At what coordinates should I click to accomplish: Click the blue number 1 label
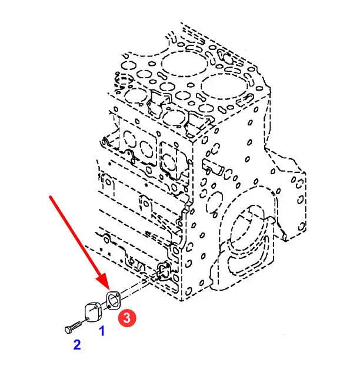click(x=102, y=331)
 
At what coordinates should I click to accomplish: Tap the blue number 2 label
click(x=77, y=345)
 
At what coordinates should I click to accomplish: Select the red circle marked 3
click(x=127, y=318)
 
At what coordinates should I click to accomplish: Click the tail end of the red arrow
click(x=50, y=196)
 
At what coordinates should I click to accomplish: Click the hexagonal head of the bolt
click(x=68, y=330)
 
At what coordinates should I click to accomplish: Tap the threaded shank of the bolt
click(x=76, y=325)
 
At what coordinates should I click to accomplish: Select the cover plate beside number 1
click(x=92, y=312)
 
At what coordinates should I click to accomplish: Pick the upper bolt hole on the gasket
click(x=118, y=294)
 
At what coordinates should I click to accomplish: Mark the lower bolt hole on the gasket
click(x=109, y=307)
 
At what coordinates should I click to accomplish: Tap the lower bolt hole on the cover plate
click(x=87, y=318)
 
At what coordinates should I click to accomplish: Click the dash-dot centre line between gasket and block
click(x=134, y=289)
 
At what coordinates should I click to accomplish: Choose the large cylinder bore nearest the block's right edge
click(x=224, y=87)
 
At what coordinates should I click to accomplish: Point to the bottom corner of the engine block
click(x=181, y=301)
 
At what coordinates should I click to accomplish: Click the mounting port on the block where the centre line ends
click(x=164, y=271)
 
